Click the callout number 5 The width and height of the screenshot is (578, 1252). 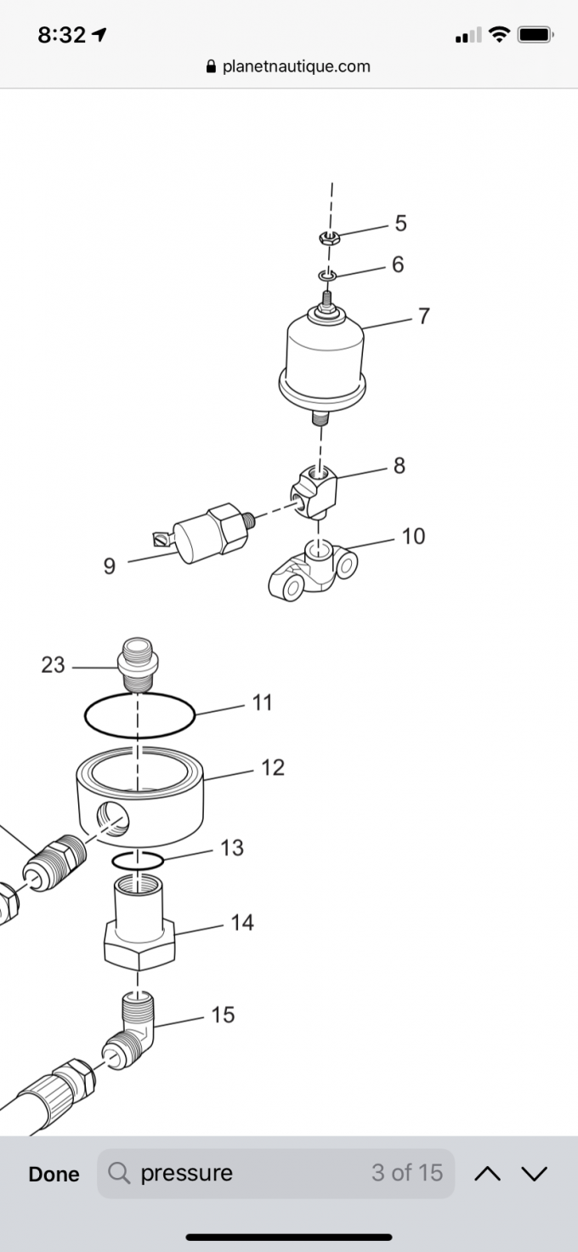[x=400, y=224]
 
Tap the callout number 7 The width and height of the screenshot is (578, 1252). [x=423, y=316]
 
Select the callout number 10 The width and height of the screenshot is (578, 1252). [x=413, y=536]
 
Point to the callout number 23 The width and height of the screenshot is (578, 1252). [x=53, y=665]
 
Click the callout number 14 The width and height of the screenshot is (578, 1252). [x=242, y=923]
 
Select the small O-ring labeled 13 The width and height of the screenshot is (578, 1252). [x=138, y=861]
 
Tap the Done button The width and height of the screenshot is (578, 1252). [x=54, y=1174]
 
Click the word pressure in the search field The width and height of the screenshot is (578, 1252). [x=186, y=1174]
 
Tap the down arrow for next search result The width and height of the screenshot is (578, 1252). [x=534, y=1174]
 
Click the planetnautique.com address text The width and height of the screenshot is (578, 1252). [x=296, y=66]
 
